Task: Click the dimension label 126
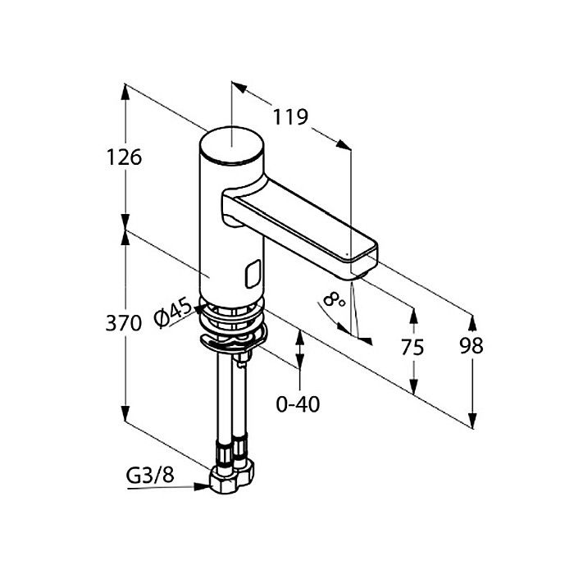pos(124,157)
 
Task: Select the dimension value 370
pos(123,323)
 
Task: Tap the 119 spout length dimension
pos(290,117)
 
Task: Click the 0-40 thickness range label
pos(298,404)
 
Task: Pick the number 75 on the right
pos(412,347)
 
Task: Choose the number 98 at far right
pos(471,345)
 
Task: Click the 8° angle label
pos(335,299)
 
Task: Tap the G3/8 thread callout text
pos(150,476)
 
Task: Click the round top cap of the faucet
pos(231,144)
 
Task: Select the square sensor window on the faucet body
pos(253,273)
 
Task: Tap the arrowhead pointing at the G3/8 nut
pos(203,486)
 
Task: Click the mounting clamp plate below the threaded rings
pos(234,340)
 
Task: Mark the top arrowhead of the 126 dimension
pos(125,92)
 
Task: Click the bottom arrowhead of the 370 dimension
pos(125,413)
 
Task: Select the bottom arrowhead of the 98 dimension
pos(472,421)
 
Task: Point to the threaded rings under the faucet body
pos(231,315)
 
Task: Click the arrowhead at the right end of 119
pos(344,145)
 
